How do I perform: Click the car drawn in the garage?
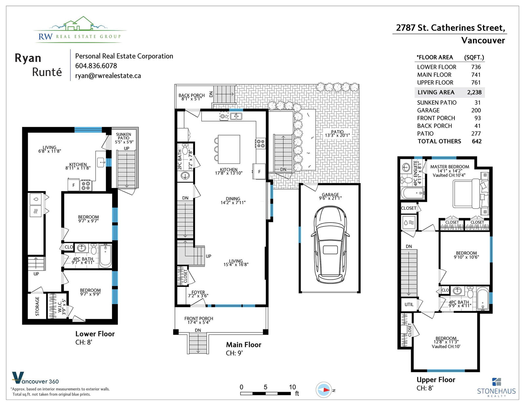click(330, 245)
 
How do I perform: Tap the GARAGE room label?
click(330, 195)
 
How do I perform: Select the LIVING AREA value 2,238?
click(474, 92)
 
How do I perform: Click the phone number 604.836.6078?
click(96, 66)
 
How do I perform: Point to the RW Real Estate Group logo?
click(80, 30)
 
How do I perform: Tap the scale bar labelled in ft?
click(265, 394)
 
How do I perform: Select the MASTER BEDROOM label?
click(450, 167)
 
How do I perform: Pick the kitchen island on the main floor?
click(229, 149)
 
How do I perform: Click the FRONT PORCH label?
click(199, 318)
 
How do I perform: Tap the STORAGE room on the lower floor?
click(37, 306)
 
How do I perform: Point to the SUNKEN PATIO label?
click(123, 136)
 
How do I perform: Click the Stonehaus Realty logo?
click(496, 388)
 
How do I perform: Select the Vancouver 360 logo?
click(35, 378)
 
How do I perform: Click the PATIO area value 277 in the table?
click(476, 134)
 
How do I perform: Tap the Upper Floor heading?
click(436, 380)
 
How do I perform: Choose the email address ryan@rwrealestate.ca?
click(108, 75)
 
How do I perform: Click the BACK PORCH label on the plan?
click(191, 95)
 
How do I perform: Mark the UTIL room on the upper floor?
click(409, 305)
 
